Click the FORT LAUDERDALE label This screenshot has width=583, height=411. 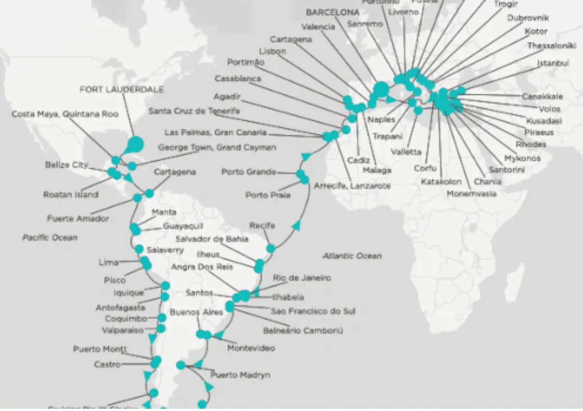coord(122,89)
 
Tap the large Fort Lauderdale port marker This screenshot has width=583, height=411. coord(135,144)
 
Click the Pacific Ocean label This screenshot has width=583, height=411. coord(50,238)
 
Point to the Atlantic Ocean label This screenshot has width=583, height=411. coord(352,255)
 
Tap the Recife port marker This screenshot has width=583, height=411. coord(271,248)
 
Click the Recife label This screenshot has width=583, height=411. coord(262,226)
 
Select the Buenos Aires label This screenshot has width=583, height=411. coord(197,312)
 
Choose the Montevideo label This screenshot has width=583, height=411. coord(251,348)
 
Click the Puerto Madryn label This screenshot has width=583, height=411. coord(240,375)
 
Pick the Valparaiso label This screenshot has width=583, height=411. coord(123,330)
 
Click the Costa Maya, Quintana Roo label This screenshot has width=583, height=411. coord(65,114)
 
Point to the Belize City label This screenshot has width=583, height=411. coord(67,165)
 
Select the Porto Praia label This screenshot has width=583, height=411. coord(268,195)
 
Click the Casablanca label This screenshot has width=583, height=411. coord(238,79)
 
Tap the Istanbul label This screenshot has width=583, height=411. coord(553,63)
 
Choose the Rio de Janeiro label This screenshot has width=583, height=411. coord(302,277)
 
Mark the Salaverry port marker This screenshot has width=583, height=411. coord(139,249)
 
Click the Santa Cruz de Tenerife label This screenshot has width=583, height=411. coord(194,111)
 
